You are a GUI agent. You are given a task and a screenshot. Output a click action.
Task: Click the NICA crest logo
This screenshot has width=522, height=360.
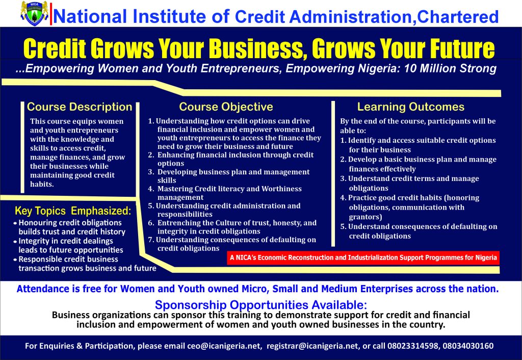coord(34,13)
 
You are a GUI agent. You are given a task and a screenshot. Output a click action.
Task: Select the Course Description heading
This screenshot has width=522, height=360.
coord(80,107)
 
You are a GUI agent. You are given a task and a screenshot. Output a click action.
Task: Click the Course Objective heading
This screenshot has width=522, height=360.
coord(226,107)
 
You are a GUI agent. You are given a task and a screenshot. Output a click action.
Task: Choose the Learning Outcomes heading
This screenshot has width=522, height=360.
coord(411,107)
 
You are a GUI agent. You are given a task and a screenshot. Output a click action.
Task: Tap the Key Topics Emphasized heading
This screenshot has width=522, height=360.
coord(73,211)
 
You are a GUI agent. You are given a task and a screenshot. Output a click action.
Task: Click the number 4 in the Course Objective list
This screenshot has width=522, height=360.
coord(150,189)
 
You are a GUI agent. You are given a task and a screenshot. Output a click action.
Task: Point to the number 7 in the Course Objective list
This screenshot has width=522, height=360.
coord(150,240)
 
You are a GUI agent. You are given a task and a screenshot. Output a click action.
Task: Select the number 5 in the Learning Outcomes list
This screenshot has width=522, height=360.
coord(343,227)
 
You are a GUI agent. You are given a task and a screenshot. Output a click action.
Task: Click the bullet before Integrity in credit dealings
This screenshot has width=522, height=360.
coord(15,241)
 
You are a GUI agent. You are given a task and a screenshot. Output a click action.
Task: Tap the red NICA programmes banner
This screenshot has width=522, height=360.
coord(363,258)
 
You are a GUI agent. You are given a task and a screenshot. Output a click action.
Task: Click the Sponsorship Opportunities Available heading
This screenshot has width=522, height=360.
coord(261,305)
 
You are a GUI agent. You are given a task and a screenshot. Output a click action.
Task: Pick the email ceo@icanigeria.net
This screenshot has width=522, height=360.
coord(224,346)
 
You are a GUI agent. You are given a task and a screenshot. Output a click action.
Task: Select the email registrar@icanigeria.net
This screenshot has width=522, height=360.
coord(313,346)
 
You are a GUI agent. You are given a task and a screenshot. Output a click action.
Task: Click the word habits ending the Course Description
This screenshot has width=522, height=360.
coord(42,184)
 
